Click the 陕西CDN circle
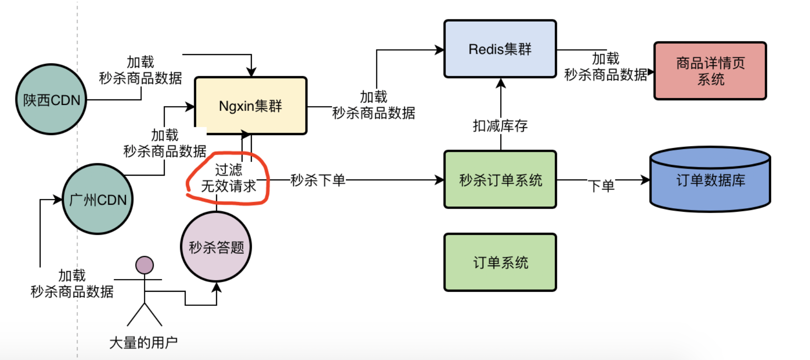tap(51, 99)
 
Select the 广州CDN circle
tap(97, 199)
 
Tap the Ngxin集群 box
tap(250, 106)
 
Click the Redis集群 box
tap(500, 49)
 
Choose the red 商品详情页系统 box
tap(710, 71)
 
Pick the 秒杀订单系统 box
tap(500, 180)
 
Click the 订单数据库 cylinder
tap(710, 180)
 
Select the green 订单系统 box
tap(500, 262)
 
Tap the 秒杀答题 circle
tap(216, 246)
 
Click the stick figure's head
tap(144, 265)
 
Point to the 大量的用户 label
tap(144, 342)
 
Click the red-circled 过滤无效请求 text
tap(228, 178)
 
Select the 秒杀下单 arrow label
tap(317, 180)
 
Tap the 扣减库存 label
tap(500, 126)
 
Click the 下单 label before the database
tap(601, 186)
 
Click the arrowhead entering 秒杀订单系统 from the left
tap(439, 180)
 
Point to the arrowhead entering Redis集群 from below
tap(501, 83)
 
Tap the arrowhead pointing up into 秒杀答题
tap(216, 287)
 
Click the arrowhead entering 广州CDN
tap(58, 199)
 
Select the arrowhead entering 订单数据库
tap(645, 180)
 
